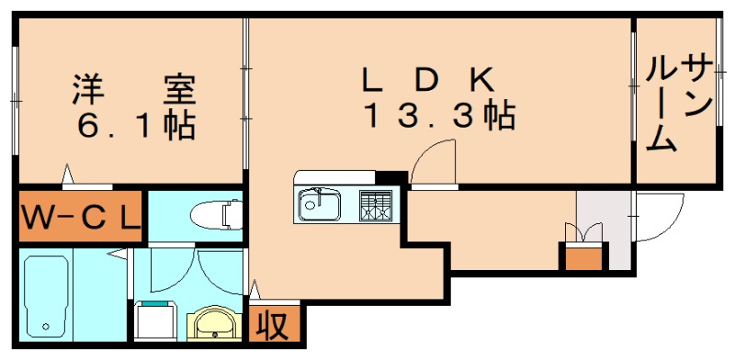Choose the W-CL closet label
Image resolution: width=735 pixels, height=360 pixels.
80,217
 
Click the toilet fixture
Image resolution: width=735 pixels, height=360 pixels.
213,215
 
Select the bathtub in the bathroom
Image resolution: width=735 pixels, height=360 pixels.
46,294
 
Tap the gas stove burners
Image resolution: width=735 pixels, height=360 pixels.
375,204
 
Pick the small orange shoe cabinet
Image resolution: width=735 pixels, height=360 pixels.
582,257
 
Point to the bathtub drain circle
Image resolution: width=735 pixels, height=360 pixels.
45,326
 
